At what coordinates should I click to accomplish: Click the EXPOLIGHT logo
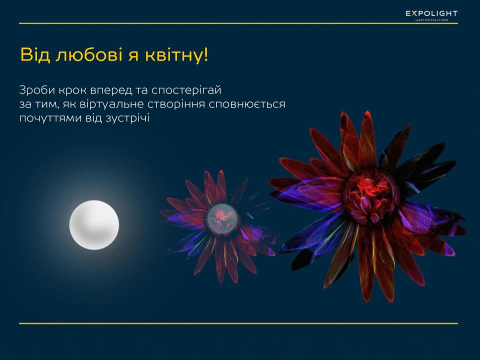(x=431, y=15)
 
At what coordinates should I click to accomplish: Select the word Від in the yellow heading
(x=35, y=55)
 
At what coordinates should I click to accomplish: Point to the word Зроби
(x=37, y=90)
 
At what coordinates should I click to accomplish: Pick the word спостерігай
(x=186, y=91)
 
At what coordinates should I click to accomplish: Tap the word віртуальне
(x=111, y=104)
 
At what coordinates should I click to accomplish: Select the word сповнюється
(x=247, y=104)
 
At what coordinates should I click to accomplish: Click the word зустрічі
(x=127, y=118)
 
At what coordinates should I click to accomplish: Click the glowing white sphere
(x=94, y=224)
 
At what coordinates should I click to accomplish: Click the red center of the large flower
(x=370, y=193)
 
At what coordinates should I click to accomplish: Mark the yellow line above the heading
(x=238, y=23)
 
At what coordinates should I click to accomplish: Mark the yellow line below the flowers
(x=238, y=323)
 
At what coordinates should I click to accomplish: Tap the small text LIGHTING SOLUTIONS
(x=431, y=20)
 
